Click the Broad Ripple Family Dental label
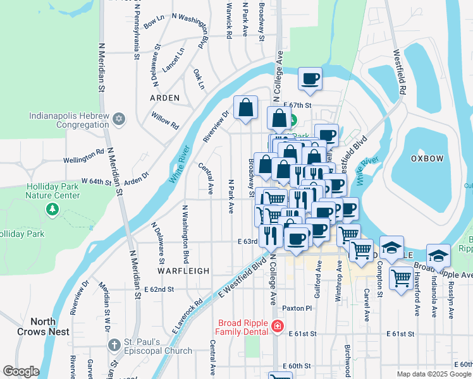click(x=242, y=327)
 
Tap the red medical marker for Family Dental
click(x=276, y=327)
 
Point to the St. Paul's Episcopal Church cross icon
click(x=114, y=345)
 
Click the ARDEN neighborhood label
click(x=164, y=98)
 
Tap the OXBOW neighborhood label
click(x=427, y=159)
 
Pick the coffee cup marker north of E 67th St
click(x=310, y=80)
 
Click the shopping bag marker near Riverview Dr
click(x=245, y=108)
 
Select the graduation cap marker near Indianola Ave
click(x=438, y=256)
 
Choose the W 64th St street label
click(x=96, y=182)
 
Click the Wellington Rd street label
click(x=83, y=153)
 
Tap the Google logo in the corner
click(x=20, y=371)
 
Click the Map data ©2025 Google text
click(x=433, y=374)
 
